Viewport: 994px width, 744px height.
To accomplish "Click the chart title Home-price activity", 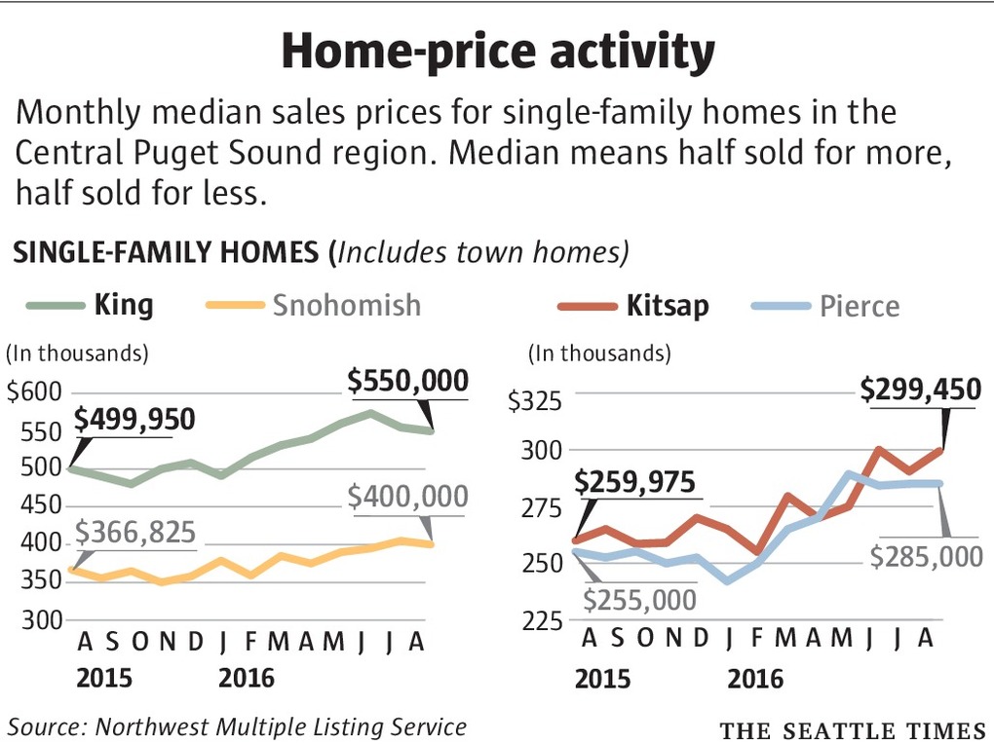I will coord(497,53).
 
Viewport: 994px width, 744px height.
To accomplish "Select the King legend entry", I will coord(124,305).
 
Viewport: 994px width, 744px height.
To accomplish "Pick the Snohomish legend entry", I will coord(346,305).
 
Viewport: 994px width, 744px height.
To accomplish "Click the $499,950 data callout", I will coord(134,420).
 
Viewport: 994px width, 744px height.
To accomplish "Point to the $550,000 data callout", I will coord(408,381).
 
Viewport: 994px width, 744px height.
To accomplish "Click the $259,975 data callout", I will coord(634,482).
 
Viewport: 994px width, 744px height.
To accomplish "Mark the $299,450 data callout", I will coord(920,391).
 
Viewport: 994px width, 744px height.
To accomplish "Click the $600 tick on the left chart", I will coord(34,392).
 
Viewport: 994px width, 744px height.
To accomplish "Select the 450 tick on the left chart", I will coord(41,505).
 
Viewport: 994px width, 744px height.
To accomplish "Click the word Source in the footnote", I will coord(43,725).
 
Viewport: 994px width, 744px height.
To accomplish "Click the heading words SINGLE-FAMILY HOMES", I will coord(166,253).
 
